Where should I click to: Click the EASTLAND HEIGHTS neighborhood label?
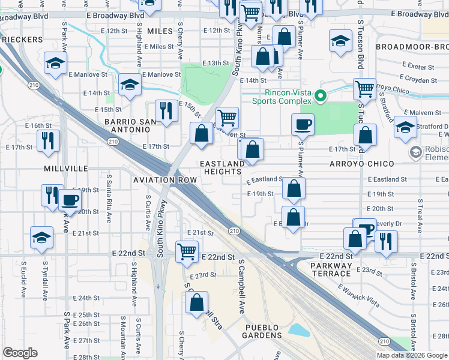click(x=223, y=167)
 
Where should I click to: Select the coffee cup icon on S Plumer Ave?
click(x=303, y=124)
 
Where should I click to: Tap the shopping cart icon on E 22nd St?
click(x=187, y=251)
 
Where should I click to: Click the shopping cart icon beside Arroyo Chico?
click(x=364, y=89)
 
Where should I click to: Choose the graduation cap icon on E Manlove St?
click(x=130, y=85)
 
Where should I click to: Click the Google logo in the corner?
click(x=20, y=353)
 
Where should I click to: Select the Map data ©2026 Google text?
click(x=412, y=355)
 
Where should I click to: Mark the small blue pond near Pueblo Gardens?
click(x=298, y=330)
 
